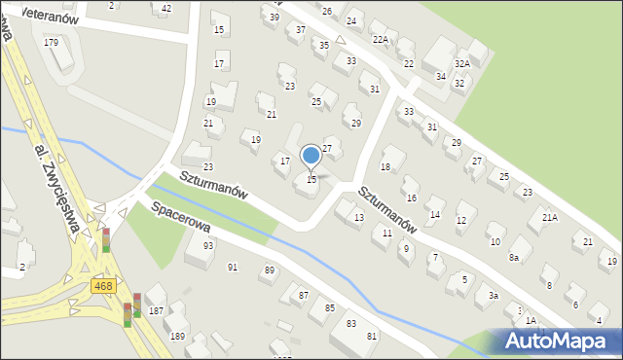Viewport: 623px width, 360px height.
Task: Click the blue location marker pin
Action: (311, 156)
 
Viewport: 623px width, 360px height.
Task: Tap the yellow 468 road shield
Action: (104, 285)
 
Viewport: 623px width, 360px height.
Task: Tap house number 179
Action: (52, 43)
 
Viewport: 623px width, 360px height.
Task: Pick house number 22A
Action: (381, 40)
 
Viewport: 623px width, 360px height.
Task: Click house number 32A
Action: (462, 63)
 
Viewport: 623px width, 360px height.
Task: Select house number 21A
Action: (550, 218)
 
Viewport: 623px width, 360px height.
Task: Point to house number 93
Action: (208, 245)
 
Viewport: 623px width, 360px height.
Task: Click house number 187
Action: (156, 310)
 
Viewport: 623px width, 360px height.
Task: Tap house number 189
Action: (177, 336)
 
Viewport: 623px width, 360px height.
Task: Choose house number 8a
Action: (514, 257)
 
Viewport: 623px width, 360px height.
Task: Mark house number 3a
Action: (494, 295)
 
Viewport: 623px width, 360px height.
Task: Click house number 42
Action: (166, 9)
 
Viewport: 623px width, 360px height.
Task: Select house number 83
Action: (351, 323)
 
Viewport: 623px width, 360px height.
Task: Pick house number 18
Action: (385, 167)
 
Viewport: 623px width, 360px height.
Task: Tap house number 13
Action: (359, 217)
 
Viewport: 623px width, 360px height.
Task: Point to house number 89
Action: (269, 270)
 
